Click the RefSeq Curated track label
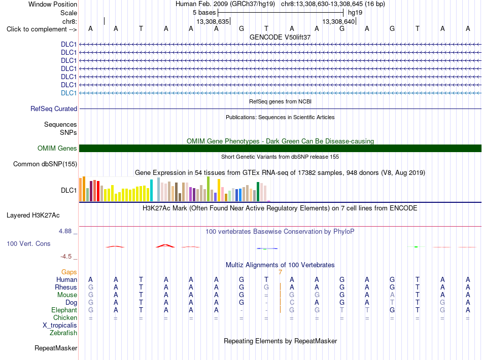click(x=54, y=109)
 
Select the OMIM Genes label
click(x=57, y=149)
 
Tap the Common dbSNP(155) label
click(x=45, y=164)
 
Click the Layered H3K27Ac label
click(x=33, y=215)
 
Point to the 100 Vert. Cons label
click(x=28, y=243)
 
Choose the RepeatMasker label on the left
click(x=56, y=348)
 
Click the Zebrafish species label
click(x=63, y=333)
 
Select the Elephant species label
click(x=64, y=310)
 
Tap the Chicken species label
click(x=65, y=317)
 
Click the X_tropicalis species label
click(x=60, y=326)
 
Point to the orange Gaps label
click(x=69, y=272)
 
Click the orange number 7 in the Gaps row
click(x=281, y=272)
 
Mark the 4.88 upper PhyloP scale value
click(x=65, y=231)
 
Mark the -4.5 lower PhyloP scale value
click(x=66, y=257)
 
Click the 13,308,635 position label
click(x=213, y=21)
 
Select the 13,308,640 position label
click(x=338, y=21)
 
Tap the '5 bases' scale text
click(x=204, y=13)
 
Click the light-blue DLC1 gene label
click(x=69, y=93)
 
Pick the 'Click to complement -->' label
click(x=42, y=29)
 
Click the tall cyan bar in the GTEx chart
click(x=151, y=191)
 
